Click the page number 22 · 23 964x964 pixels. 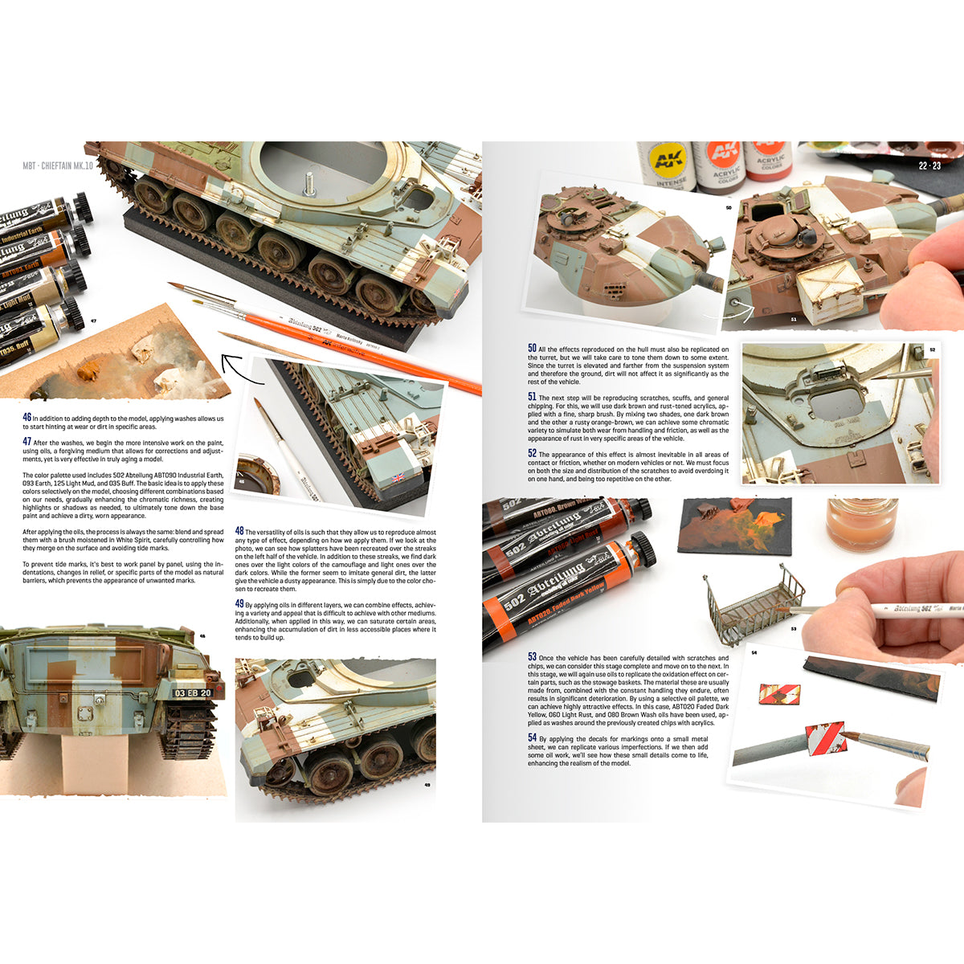[929, 166]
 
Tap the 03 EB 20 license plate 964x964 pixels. [193, 693]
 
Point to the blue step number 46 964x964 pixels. [27, 418]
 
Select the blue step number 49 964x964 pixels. [239, 603]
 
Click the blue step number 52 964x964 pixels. [532, 454]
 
